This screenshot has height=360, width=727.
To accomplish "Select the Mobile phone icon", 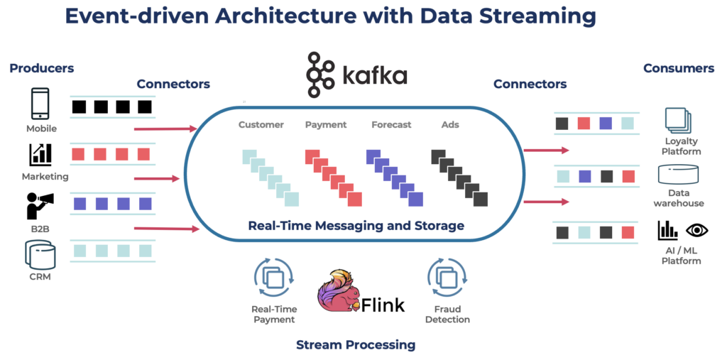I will point(40,104).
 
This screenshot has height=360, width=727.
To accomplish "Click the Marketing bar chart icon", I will point(40,154).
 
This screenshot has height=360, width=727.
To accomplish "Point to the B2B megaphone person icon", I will point(39,205).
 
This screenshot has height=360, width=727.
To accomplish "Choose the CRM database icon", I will point(40,254).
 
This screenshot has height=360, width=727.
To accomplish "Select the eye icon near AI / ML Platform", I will point(698,229).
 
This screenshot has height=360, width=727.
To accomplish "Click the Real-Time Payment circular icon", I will point(273,278).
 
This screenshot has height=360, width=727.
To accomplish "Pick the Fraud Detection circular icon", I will point(446,278).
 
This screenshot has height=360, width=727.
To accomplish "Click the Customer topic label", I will point(261,125).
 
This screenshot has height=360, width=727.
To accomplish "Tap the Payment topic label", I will point(325,125).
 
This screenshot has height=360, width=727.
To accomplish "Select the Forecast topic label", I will point(391,125).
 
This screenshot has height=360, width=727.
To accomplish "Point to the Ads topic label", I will point(450,125).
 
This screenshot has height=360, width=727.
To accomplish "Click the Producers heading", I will point(42,68).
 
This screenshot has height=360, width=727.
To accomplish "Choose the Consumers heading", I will point(678,68).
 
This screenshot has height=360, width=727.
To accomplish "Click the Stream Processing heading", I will point(356,344).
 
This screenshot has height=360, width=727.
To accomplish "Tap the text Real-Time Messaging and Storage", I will point(356,226).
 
